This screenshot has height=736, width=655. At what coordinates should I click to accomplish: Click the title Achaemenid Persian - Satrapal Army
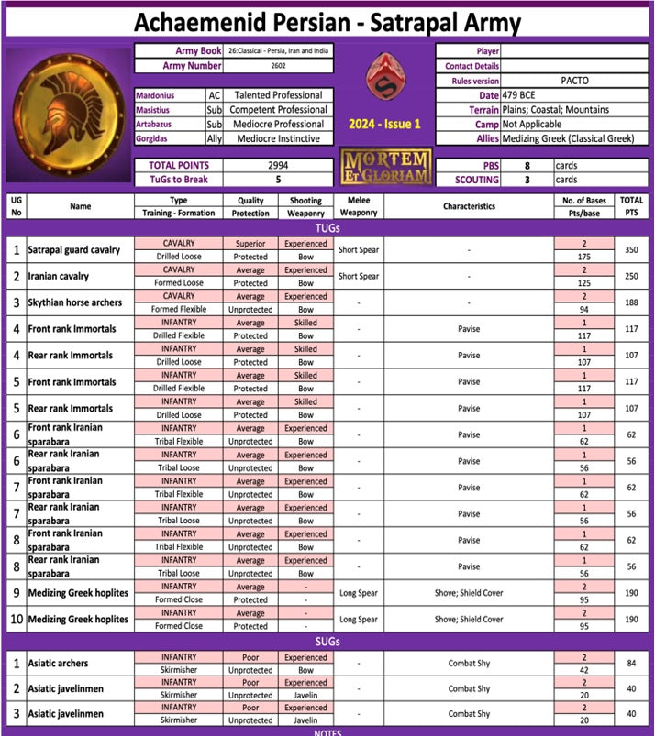pyautogui.click(x=327, y=22)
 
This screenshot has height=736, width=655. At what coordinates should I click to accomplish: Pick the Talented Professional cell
pyautogui.click(x=277, y=95)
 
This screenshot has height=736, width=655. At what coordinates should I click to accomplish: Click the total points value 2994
pyautogui.click(x=277, y=165)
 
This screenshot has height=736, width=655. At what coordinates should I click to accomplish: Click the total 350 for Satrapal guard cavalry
pyautogui.click(x=630, y=250)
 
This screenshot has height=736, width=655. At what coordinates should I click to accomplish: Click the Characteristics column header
pyautogui.click(x=468, y=206)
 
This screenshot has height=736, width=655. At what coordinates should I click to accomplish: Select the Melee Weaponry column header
pyautogui.click(x=358, y=206)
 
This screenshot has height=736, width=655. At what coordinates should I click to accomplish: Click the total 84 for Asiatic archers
pyautogui.click(x=630, y=664)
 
